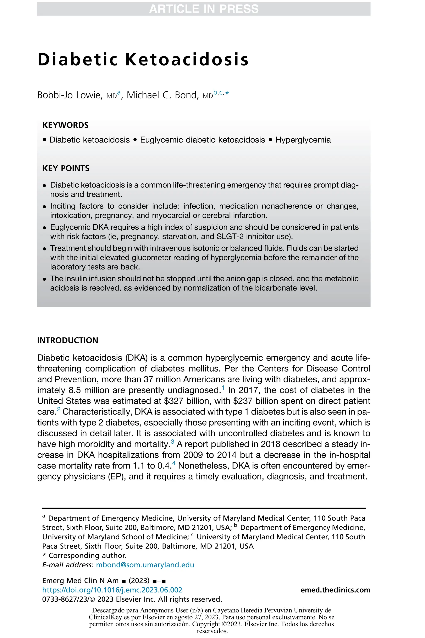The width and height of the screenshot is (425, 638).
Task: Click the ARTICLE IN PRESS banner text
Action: pyautogui.click(x=204, y=9)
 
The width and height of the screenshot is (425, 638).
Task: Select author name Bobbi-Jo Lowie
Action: pyautogui.click(x=69, y=95)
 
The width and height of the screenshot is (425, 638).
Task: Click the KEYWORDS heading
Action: pyautogui.click(x=66, y=125)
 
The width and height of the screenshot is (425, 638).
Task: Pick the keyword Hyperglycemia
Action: pyautogui.click(x=303, y=140)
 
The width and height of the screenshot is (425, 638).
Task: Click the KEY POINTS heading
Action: pyautogui.click(x=66, y=168)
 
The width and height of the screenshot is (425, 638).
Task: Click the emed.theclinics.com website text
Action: pyautogui.click(x=335, y=590)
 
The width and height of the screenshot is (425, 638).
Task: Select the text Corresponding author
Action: pyautogui.click(x=87, y=556)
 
